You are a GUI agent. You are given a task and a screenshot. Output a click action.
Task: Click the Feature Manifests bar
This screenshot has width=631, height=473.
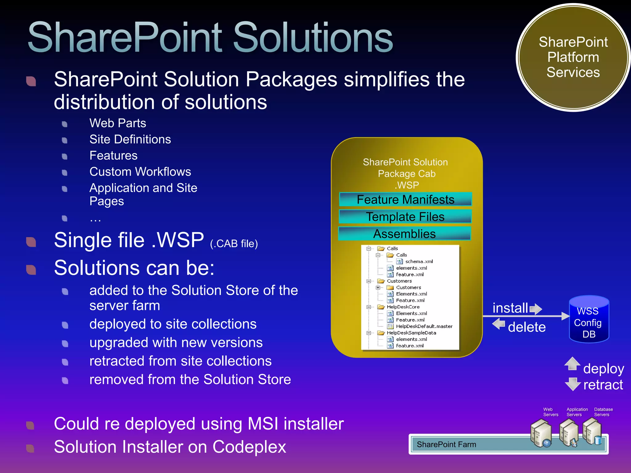point(405,200)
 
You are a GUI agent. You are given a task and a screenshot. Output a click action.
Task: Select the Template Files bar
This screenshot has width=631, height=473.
point(405,217)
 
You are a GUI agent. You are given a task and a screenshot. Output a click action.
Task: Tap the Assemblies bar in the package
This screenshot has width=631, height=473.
point(405,234)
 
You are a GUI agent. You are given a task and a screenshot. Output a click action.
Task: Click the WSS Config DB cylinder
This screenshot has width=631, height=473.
point(589,320)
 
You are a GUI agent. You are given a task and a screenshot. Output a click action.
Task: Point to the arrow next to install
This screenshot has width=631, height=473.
point(536,309)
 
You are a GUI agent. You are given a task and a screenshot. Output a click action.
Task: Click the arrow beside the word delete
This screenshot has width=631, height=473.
point(499,324)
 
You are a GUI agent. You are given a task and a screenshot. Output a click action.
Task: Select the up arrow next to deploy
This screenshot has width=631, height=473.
point(572,364)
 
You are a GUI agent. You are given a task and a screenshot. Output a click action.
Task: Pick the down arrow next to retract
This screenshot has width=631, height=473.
point(573,384)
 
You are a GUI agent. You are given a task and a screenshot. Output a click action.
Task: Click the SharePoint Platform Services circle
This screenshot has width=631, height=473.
point(573,58)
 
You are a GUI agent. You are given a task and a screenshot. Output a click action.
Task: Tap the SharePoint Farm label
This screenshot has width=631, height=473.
point(446,444)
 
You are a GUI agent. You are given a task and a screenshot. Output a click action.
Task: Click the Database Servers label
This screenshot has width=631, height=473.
point(603,412)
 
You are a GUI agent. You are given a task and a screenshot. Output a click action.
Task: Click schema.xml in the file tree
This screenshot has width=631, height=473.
point(419,261)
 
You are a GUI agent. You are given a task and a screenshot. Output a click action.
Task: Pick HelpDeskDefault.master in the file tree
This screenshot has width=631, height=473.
point(424,326)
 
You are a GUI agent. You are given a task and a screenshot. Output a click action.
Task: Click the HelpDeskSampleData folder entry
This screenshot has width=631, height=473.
point(411,333)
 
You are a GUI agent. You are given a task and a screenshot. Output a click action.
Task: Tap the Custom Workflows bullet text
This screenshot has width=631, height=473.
point(140,172)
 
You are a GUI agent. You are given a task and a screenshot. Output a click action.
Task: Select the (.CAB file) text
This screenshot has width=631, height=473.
point(234,244)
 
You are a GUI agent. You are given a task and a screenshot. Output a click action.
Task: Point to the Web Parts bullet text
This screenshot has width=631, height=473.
point(118,123)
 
